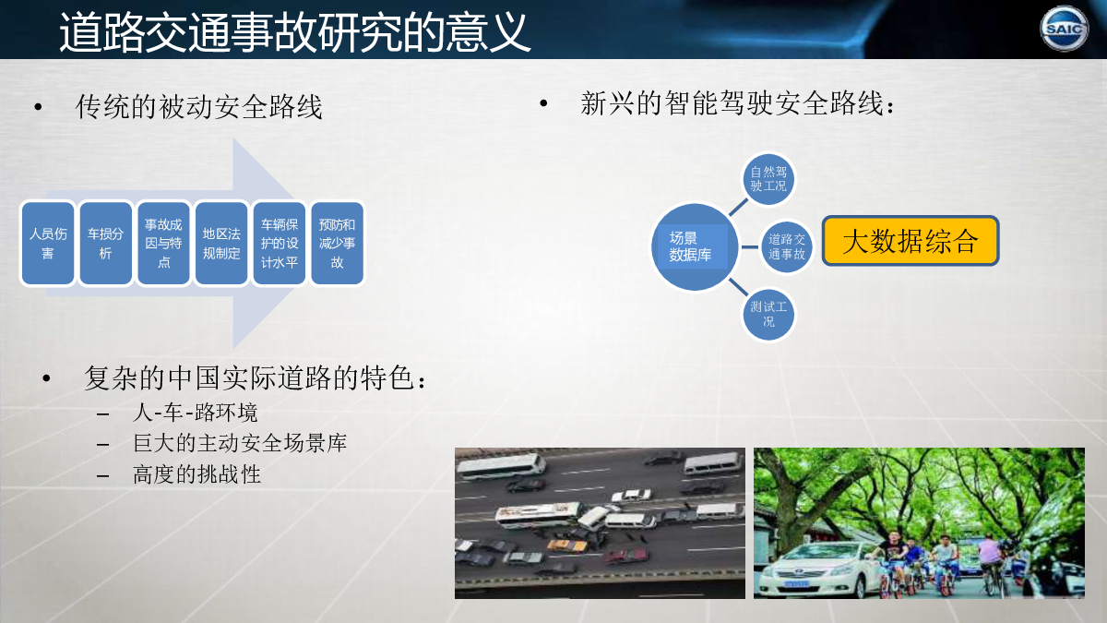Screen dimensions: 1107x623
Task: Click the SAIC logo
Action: (1064, 29)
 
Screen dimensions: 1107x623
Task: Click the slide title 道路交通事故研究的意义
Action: (295, 32)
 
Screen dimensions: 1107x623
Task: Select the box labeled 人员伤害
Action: (48, 244)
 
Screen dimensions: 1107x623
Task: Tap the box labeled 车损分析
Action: (106, 244)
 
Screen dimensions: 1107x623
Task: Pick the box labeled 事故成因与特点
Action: (163, 244)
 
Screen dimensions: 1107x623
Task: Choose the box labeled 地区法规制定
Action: (221, 244)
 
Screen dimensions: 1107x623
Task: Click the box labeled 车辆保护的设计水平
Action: (280, 244)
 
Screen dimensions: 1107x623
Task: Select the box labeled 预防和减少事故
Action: (337, 244)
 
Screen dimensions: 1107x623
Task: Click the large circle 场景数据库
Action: (695, 246)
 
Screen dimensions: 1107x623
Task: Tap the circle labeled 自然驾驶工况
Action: (768, 179)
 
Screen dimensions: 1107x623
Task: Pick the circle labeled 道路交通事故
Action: (786, 246)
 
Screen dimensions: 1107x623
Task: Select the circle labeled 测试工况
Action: (768, 315)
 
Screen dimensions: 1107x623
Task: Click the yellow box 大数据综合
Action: (911, 241)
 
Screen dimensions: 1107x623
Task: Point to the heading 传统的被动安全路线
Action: (198, 106)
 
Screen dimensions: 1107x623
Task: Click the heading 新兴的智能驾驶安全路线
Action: (737, 103)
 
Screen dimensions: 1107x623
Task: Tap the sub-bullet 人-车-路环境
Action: (196, 413)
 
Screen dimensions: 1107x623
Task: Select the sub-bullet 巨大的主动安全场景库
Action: (240, 443)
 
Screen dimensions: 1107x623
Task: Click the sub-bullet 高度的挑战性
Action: (196, 474)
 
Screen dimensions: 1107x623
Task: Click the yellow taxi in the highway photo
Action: (567, 545)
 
